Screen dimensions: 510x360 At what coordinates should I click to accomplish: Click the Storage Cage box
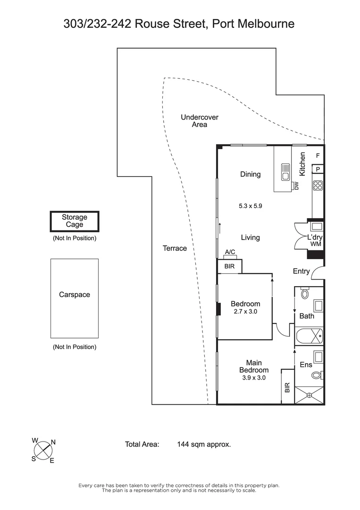[x=75, y=221]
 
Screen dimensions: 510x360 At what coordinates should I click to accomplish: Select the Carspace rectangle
[x=75, y=298]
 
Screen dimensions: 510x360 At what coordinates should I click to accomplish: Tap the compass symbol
[x=44, y=450]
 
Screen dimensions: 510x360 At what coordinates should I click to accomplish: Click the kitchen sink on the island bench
[x=285, y=171]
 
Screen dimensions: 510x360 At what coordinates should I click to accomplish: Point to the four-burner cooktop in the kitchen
[x=318, y=186]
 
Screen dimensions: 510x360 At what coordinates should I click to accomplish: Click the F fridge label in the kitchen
[x=318, y=156]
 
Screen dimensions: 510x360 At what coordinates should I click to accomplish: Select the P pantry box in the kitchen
[x=318, y=169]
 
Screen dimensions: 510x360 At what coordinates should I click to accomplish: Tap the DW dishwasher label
[x=297, y=186]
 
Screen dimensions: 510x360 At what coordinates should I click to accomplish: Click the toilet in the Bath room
[x=304, y=293]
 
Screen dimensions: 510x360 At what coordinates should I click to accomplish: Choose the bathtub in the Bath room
[x=309, y=337]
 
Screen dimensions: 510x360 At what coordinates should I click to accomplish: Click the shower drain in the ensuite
[x=310, y=395]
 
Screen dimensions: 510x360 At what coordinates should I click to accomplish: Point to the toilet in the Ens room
[x=317, y=375]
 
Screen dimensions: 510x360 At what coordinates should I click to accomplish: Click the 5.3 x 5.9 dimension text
[x=250, y=206]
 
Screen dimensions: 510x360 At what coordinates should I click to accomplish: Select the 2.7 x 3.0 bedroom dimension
[x=245, y=312]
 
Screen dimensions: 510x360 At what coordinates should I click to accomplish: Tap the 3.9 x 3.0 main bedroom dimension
[x=253, y=378]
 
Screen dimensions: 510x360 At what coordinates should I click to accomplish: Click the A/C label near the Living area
[x=230, y=252]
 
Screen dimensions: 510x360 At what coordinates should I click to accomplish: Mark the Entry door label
[x=301, y=271]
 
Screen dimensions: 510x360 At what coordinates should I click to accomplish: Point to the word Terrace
[x=175, y=248]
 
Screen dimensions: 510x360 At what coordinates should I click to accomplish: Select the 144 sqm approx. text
[x=204, y=444]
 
